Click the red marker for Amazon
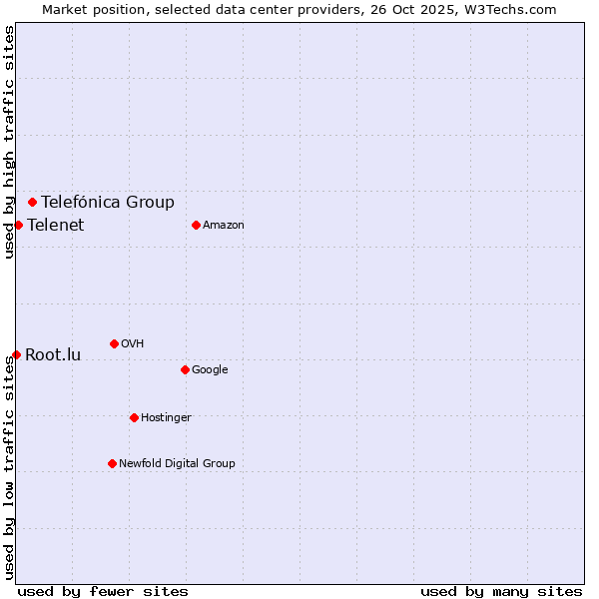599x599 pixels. click(196, 225)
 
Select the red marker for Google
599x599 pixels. click(185, 369)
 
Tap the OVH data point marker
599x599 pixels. click(114, 343)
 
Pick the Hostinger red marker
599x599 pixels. click(134, 417)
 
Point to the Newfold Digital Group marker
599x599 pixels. click(112, 463)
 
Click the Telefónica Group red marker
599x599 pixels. click(32, 202)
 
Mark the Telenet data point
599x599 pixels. click(18, 225)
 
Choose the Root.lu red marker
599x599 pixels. click(16, 354)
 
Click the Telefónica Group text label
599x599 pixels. click(108, 202)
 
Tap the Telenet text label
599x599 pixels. click(56, 225)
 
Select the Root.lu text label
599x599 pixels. click(53, 354)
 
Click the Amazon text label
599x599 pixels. click(224, 225)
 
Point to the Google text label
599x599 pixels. click(210, 369)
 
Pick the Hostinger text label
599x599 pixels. click(166, 417)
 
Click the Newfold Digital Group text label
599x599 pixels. click(177, 463)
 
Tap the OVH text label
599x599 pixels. click(132, 343)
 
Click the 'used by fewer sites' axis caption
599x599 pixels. click(103, 591)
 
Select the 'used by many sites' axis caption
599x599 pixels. click(501, 591)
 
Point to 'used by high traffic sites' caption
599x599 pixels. click(9, 142)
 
